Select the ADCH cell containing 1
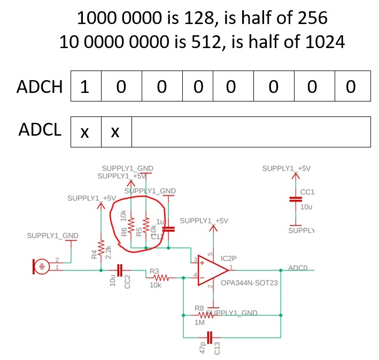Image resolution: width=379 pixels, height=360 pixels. tap(84, 87)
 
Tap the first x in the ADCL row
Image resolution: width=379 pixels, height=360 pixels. tap(85, 132)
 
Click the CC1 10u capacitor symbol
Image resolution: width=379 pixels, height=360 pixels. tap(292, 199)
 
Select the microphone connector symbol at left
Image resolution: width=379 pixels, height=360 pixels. tap(42, 265)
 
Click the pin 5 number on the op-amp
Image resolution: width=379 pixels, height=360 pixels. tap(210, 254)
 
